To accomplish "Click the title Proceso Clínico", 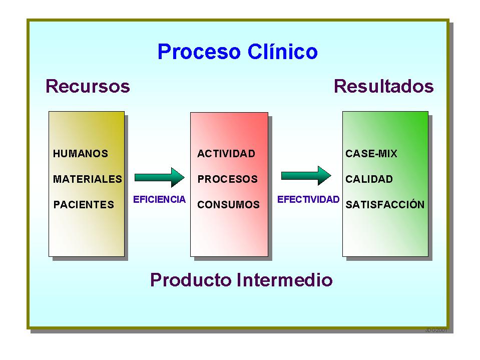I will pos(237,52).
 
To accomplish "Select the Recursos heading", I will pos(88,86).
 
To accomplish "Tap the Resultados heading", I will pos(383,86).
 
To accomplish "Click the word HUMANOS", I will pos(81,154).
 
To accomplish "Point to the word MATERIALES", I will pos(88,179).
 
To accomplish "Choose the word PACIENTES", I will pos(84,204).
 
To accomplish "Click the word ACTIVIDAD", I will pos(226,154).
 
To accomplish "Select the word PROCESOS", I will pos(228,179).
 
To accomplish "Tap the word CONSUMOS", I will pos(229,204).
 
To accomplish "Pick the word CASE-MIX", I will pos(371,154).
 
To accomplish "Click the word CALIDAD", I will pos(369,179).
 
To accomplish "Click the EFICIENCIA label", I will pos(159,199).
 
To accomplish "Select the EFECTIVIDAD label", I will pos(308,199).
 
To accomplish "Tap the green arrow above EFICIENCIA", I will pos(160,177).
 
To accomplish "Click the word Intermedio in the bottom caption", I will pos(284,279).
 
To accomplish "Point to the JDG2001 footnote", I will pos(435,330).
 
